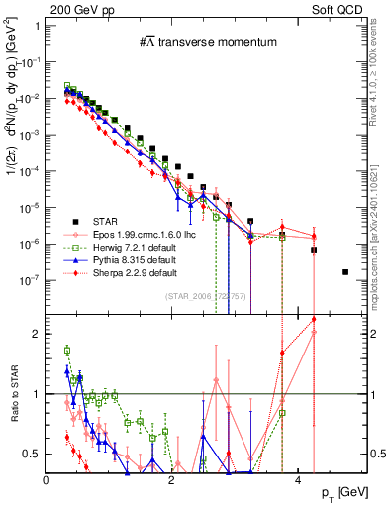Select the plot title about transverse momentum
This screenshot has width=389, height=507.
point(194,41)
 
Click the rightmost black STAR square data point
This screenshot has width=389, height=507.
point(344,271)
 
